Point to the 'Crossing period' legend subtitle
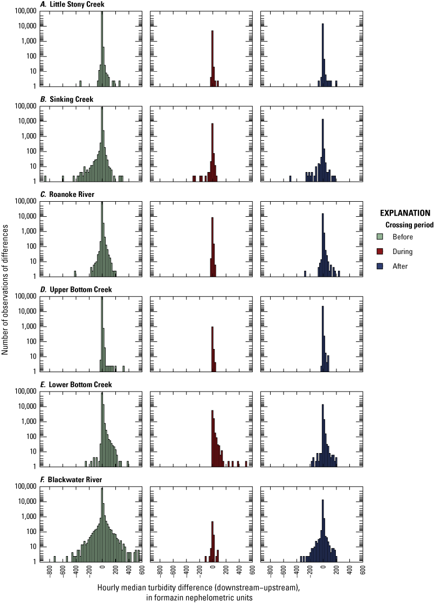pos(408,225)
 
